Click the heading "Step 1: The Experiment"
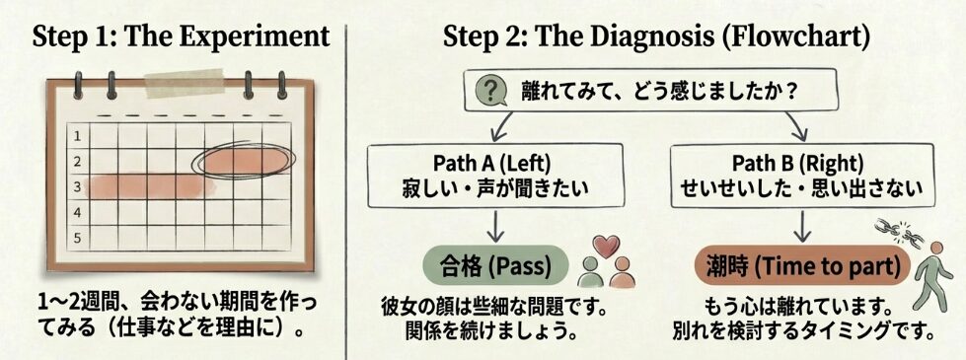tap(181, 36)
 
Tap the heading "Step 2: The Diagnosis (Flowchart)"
tap(656, 36)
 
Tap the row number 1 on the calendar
tap(79, 135)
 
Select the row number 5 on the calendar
tap(79, 237)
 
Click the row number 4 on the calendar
tap(79, 211)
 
